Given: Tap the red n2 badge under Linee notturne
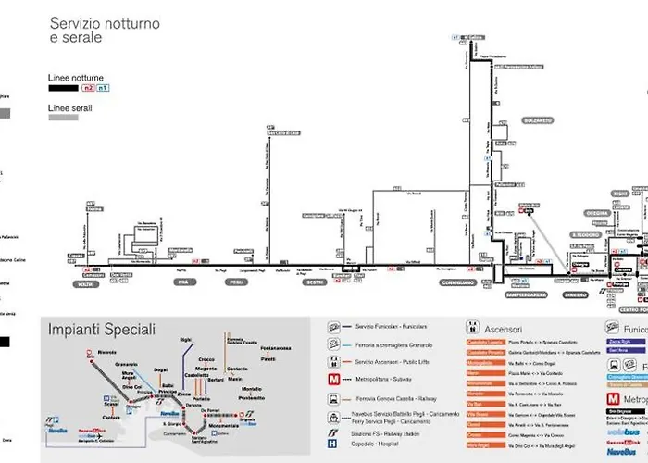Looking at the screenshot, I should pyautogui.click(x=89, y=88).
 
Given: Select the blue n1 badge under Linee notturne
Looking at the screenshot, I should pyautogui.click(x=103, y=88).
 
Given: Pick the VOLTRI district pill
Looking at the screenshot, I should pyautogui.click(x=85, y=282).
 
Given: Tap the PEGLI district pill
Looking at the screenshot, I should pyautogui.click(x=239, y=282).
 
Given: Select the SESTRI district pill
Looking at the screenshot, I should pyautogui.click(x=314, y=282).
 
